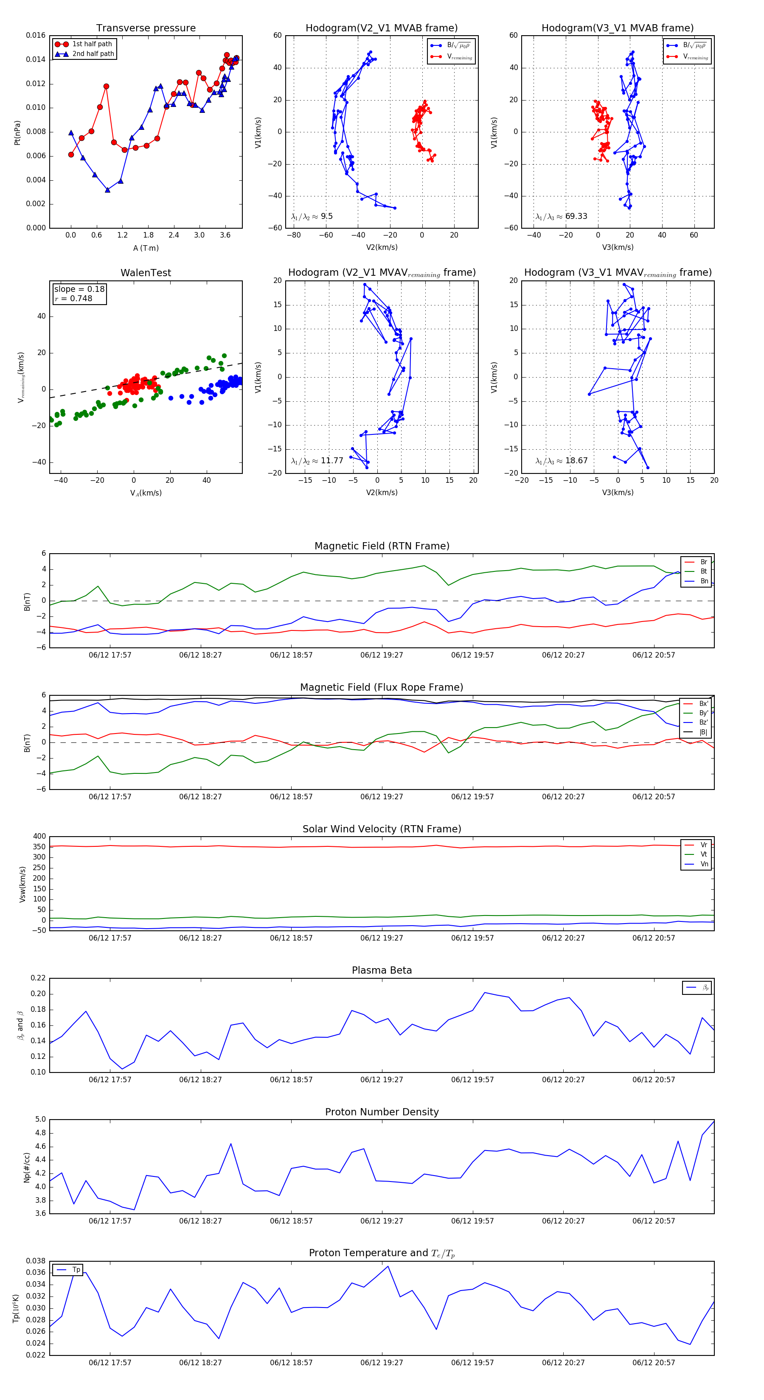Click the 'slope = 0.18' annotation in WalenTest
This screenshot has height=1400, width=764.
tap(79, 289)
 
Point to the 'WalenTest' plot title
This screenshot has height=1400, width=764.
tap(146, 273)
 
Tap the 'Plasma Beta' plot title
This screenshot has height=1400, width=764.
tap(382, 970)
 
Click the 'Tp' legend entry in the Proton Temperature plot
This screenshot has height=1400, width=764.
tap(76, 1270)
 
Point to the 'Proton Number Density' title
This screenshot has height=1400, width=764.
tap(382, 1112)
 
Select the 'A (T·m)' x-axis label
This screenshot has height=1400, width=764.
tap(146, 248)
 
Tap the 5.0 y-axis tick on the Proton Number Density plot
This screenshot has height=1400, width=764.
tap(40, 1119)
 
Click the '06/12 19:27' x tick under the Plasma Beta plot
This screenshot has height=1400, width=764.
tap(382, 1079)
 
